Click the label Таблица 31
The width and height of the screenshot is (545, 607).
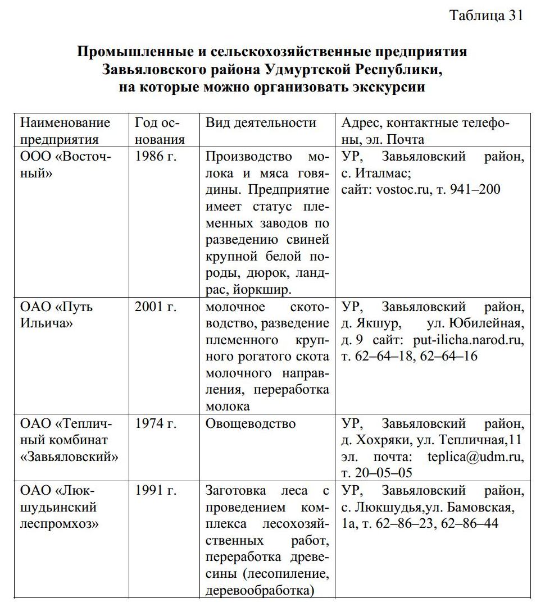coord(486,16)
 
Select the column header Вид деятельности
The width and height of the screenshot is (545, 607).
coord(261,123)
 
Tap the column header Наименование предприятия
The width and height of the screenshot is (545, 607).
coord(65,131)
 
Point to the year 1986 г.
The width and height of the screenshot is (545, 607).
coord(156,157)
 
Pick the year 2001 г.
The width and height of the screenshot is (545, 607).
coord(156,307)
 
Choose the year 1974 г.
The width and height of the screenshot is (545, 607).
coord(156,423)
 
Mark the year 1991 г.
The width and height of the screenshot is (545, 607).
coord(156,491)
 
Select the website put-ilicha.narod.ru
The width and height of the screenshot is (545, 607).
coord(468,340)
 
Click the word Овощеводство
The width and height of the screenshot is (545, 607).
coord(251,423)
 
